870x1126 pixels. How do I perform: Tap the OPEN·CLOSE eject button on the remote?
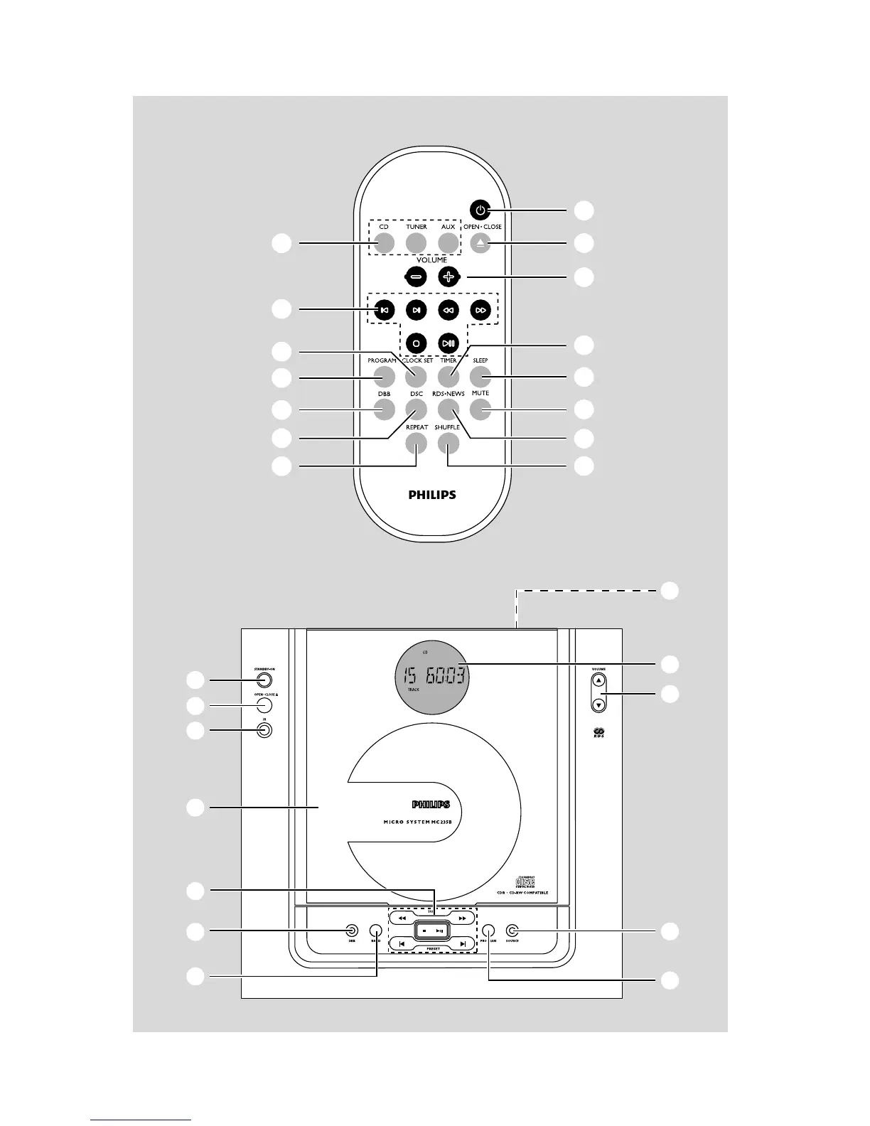pyautogui.click(x=480, y=243)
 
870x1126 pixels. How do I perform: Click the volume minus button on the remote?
pyautogui.click(x=417, y=277)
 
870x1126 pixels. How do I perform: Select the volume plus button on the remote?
pyautogui.click(x=449, y=277)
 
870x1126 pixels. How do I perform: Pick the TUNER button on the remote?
pyautogui.click(x=416, y=243)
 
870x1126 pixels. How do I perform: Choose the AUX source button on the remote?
pyautogui.click(x=448, y=243)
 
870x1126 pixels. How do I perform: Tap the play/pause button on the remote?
pyautogui.click(x=449, y=343)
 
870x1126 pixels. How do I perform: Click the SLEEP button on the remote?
pyautogui.click(x=480, y=376)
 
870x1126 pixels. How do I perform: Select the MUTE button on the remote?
pyautogui.click(x=480, y=409)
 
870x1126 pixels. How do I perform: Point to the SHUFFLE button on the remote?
pyautogui.click(x=448, y=443)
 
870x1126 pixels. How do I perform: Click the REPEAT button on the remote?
pyautogui.click(x=417, y=443)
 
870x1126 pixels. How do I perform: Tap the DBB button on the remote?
pyautogui.click(x=384, y=409)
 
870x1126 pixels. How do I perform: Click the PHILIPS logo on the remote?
pyautogui.click(x=432, y=495)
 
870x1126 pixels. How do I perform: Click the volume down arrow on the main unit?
pyautogui.click(x=599, y=704)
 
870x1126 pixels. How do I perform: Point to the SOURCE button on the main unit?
pyautogui.click(x=512, y=931)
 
